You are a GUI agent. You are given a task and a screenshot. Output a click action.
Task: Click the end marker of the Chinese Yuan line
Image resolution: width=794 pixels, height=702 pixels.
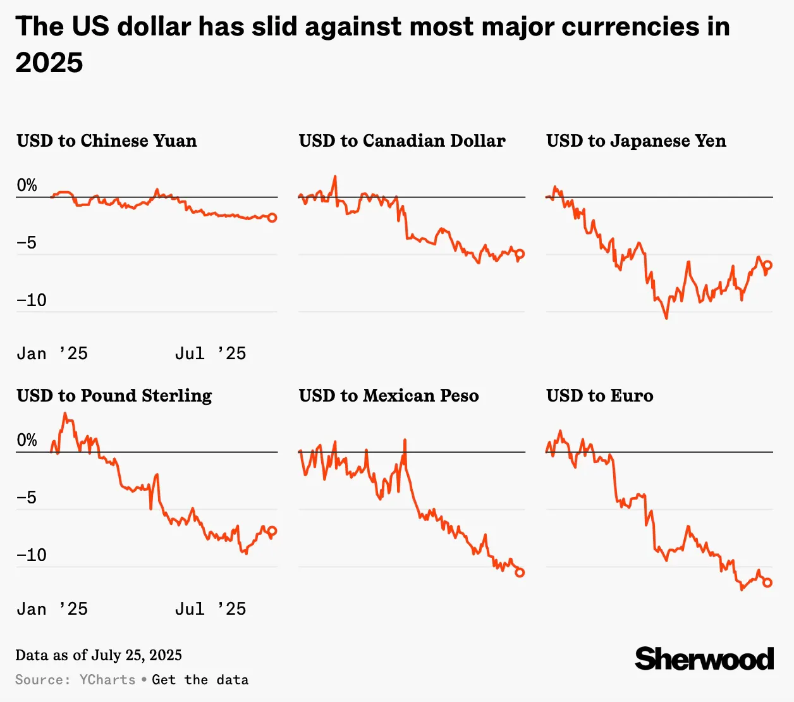click(x=272, y=218)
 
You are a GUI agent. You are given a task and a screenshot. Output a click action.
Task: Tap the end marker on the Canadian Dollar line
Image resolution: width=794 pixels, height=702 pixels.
click(x=520, y=254)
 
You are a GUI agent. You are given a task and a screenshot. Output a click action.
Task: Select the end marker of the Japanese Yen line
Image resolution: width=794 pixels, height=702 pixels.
click(x=767, y=266)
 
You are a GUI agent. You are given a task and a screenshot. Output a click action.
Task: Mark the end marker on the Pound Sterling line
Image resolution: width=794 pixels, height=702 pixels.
click(x=272, y=531)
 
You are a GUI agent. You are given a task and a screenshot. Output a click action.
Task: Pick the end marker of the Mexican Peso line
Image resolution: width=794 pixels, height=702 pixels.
click(x=520, y=572)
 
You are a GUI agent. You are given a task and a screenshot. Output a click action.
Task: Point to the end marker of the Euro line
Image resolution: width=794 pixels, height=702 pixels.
click(x=767, y=582)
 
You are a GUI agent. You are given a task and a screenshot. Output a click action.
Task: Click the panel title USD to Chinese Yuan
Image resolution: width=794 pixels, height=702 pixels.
click(x=107, y=140)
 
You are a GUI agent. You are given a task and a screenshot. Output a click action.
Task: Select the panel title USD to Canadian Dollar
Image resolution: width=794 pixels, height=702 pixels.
click(x=402, y=140)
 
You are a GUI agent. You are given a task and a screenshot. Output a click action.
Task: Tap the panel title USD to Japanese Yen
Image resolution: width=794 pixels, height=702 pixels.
click(x=636, y=140)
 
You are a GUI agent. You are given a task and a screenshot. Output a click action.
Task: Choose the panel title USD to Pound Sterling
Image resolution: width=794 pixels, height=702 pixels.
click(x=114, y=395)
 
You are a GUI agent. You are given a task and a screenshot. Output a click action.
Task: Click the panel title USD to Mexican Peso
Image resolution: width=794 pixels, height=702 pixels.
click(x=389, y=395)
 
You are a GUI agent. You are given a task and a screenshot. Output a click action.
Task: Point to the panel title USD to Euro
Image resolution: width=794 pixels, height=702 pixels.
click(x=599, y=395)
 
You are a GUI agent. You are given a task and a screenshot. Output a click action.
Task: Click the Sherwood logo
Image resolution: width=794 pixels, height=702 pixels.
click(x=704, y=659)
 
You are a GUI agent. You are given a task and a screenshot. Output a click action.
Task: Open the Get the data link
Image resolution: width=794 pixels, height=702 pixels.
click(x=200, y=680)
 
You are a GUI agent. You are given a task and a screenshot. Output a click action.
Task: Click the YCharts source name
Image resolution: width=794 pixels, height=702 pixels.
click(x=107, y=680)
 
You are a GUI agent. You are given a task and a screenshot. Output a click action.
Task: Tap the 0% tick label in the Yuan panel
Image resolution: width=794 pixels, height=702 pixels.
click(x=27, y=185)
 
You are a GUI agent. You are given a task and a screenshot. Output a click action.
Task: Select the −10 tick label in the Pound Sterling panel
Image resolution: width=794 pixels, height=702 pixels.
click(x=32, y=555)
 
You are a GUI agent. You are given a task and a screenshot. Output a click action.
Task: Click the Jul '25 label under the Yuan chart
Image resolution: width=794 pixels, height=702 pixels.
click(x=211, y=354)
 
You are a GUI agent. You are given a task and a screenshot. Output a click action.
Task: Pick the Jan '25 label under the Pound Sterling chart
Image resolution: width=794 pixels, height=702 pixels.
click(x=52, y=609)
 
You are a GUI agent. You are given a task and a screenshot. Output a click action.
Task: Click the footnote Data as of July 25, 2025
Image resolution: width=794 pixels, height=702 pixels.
click(x=99, y=655)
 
